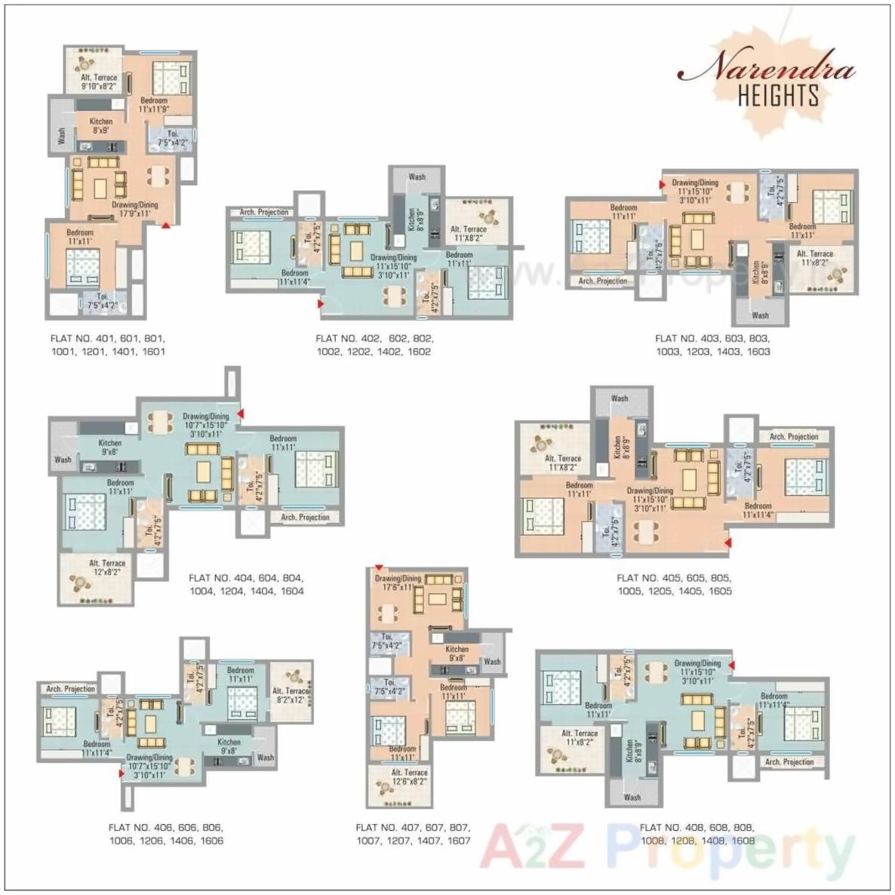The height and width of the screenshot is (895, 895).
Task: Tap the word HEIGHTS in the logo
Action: pos(778,96)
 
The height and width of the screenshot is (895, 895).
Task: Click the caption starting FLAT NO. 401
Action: pos(107,345)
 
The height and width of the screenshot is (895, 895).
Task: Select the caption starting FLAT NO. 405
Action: pos(674,585)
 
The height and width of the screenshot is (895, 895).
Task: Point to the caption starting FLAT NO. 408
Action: pos(697,834)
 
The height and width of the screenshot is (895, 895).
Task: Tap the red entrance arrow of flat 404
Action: pos(241,414)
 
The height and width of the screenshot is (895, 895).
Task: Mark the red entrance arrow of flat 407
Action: pos(379,568)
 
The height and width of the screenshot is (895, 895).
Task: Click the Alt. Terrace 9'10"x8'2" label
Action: pos(99,82)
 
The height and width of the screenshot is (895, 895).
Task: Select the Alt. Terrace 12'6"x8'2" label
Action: pos(409,777)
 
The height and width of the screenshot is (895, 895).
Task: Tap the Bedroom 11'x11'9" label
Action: pos(154,105)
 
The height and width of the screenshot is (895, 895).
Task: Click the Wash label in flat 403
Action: pos(760,315)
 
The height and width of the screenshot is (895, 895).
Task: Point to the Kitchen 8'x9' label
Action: pos(101,125)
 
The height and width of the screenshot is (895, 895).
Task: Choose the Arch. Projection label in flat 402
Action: pos(264,213)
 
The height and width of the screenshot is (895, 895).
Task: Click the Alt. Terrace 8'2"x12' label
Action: pos(291,695)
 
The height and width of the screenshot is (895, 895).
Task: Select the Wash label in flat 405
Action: pos(620,398)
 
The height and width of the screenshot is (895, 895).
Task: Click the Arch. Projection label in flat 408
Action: pos(789,762)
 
